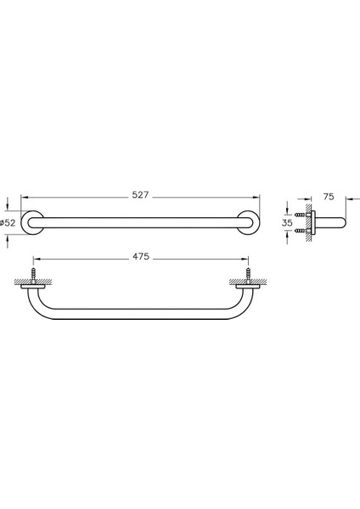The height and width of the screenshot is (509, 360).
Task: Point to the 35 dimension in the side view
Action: pyautogui.click(x=288, y=222)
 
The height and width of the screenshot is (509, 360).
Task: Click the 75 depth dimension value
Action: pyautogui.click(x=329, y=194)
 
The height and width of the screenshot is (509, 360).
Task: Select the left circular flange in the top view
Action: pyautogui.click(x=32, y=222)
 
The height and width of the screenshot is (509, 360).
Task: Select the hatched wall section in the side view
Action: pyautogui.click(x=307, y=222)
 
